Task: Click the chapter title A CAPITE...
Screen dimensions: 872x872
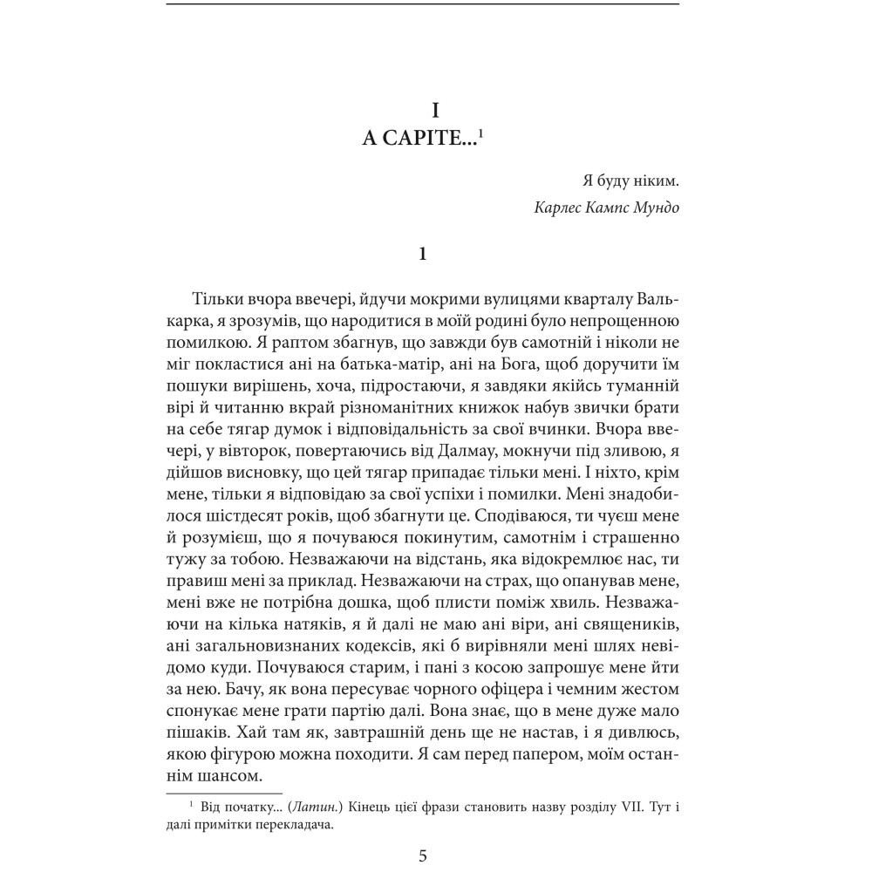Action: (419, 140)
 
